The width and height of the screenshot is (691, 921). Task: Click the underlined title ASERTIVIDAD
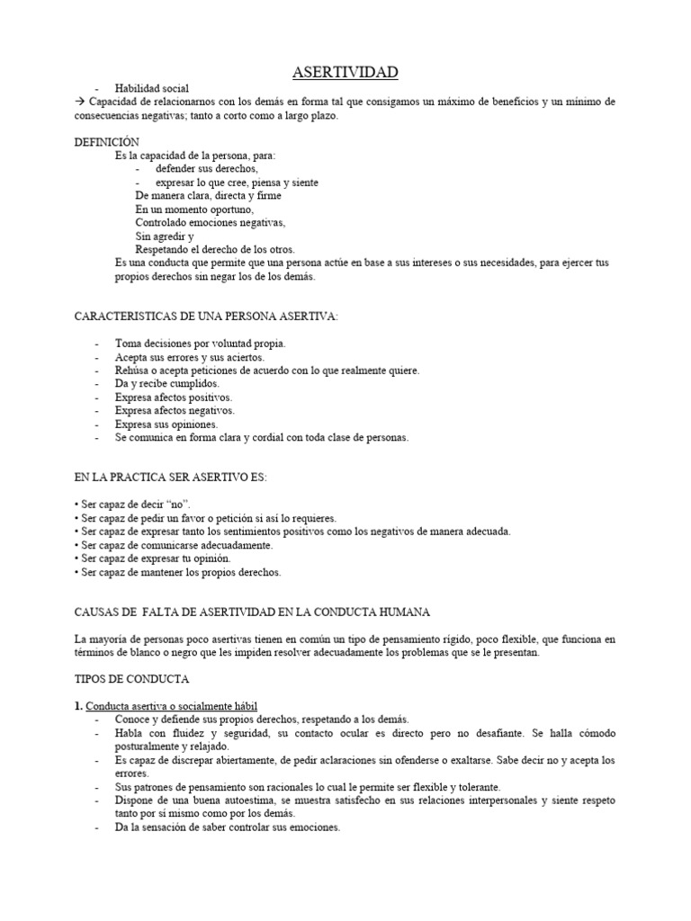coord(345,72)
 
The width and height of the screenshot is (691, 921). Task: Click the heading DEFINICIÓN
coord(107,142)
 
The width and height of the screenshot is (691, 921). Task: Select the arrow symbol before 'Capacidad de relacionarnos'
coord(79,103)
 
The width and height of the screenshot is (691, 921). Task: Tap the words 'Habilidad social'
coord(151,89)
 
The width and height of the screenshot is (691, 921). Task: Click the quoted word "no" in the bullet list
coord(175,505)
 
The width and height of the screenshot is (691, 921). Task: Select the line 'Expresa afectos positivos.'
coord(174,397)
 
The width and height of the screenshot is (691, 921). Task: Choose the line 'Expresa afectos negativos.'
coord(175,410)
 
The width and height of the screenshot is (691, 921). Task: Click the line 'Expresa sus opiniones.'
coord(166,424)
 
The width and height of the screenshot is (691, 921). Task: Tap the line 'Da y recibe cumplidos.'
coord(167,383)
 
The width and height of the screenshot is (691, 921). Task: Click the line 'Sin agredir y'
coord(165,236)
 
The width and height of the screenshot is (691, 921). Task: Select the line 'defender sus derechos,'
coord(206,169)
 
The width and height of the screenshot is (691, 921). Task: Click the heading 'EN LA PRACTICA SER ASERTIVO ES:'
coord(170,477)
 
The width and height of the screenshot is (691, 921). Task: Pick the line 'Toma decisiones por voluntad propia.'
coord(201,344)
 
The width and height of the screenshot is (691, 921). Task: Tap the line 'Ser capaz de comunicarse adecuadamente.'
coord(175,545)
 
